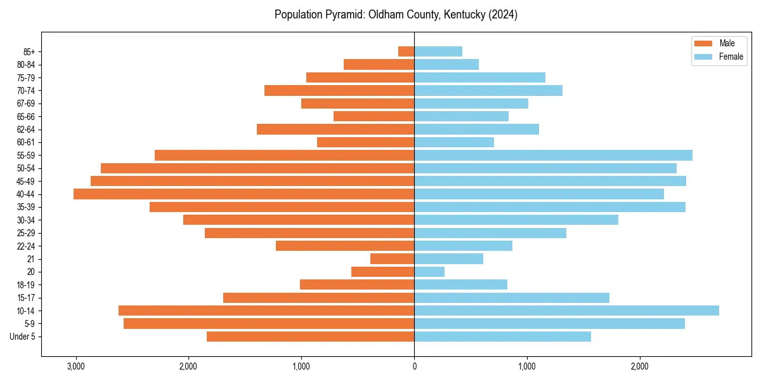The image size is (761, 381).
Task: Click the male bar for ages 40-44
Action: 244,194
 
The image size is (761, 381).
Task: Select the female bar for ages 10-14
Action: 566,311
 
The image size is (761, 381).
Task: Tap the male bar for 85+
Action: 407,51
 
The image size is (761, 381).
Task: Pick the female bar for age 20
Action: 429,272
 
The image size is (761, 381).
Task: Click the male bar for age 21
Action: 392,258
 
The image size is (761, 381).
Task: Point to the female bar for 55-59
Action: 553,155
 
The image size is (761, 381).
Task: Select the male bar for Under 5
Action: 310,337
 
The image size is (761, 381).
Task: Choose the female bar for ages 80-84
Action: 446,64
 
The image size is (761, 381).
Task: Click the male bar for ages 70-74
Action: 339,90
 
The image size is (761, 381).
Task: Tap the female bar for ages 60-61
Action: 454,142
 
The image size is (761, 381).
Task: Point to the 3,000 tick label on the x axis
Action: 75,366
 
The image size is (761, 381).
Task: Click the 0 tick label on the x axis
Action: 414,366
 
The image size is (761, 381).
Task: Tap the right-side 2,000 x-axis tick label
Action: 640,366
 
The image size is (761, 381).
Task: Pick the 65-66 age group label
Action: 25,116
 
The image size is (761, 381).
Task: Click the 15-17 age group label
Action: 25,298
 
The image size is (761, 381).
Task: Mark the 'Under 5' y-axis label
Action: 23,337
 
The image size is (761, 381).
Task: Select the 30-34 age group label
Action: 25,220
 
